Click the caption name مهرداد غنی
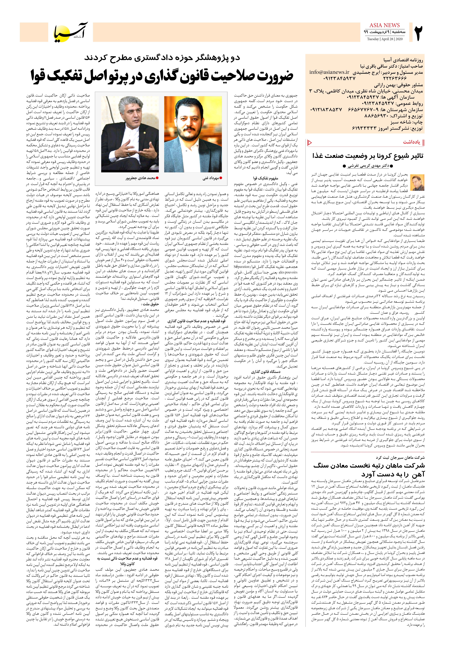[210, 178]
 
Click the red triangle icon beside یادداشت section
[310, 142]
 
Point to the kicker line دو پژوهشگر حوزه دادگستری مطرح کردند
[162, 58]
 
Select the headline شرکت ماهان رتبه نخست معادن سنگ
[369, 466]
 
